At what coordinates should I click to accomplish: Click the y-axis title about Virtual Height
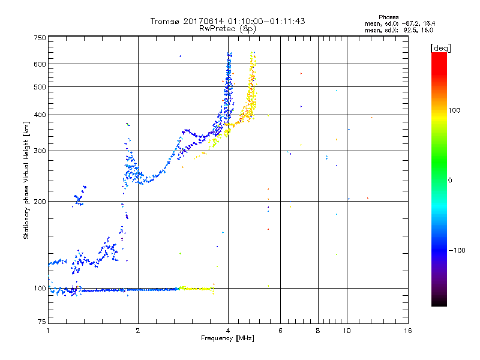[26, 180]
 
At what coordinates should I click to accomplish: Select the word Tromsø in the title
[164, 21]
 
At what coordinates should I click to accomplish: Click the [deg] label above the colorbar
[440, 47]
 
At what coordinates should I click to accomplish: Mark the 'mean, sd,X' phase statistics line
[398, 29]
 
